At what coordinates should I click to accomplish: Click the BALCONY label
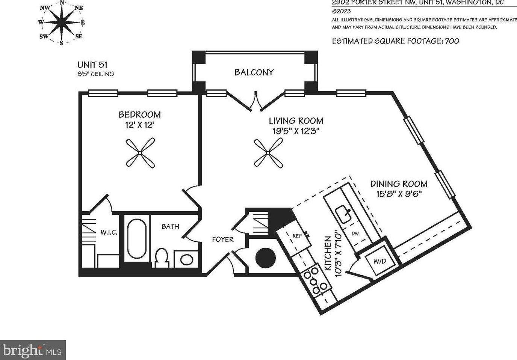(254, 72)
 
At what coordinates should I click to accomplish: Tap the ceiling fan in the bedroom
(140, 153)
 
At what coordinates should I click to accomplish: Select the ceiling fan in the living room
(268, 153)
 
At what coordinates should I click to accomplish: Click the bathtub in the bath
(137, 239)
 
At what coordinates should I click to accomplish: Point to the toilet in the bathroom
(162, 257)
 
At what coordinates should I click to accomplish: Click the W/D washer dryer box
(379, 261)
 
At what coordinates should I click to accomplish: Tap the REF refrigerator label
(297, 236)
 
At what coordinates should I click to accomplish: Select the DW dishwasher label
(355, 233)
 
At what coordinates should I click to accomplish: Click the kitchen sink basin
(343, 214)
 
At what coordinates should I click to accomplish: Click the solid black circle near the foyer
(266, 258)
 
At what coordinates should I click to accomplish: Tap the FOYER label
(222, 239)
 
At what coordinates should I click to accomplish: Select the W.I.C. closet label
(109, 232)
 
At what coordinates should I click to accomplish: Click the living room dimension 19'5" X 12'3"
(296, 131)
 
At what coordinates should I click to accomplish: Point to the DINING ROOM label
(399, 184)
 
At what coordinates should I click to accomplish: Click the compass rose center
(62, 22)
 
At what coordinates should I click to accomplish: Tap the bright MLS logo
(33, 350)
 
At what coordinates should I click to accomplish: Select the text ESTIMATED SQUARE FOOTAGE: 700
(395, 41)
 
